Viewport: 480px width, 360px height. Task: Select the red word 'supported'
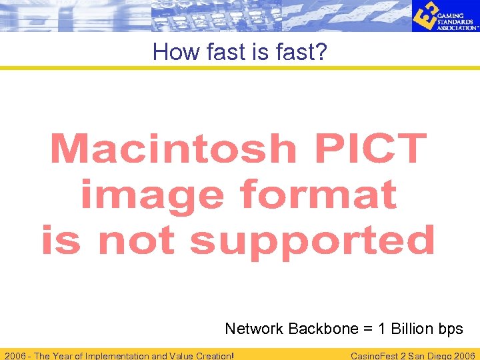312,241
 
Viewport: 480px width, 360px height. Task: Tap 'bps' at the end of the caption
451,329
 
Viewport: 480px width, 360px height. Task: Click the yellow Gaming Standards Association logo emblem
424,16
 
